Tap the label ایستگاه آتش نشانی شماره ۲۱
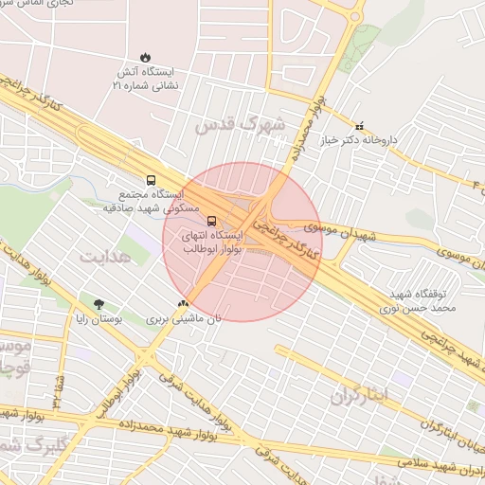[x=144, y=79]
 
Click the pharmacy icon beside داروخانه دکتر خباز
[x=359, y=127]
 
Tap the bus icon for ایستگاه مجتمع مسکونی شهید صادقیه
[x=151, y=179]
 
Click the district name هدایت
[x=107, y=257]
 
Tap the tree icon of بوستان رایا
[x=99, y=304]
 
